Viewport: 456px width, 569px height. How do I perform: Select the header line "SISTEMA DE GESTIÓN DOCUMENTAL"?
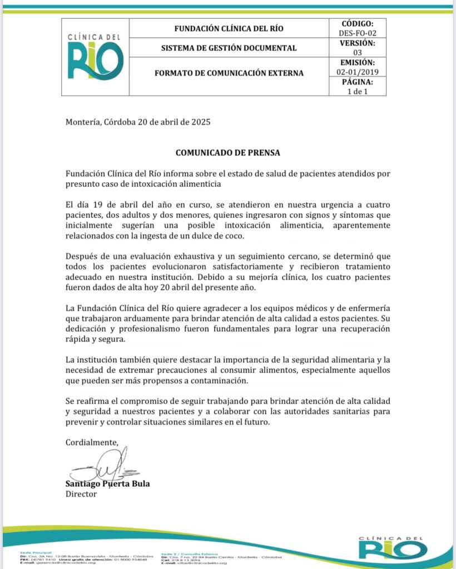pyautogui.click(x=229, y=48)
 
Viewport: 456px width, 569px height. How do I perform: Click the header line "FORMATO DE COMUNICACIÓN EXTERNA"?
pyautogui.click(x=229, y=73)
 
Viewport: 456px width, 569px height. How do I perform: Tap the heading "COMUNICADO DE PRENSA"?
pyautogui.click(x=228, y=152)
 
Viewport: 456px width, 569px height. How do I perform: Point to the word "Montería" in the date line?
pyautogui.click(x=83, y=122)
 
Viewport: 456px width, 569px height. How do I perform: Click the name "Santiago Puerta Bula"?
pyautogui.click(x=107, y=483)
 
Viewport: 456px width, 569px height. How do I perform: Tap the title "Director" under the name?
pyautogui.click(x=81, y=493)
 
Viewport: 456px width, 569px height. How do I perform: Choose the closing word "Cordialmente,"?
pyautogui.click(x=92, y=442)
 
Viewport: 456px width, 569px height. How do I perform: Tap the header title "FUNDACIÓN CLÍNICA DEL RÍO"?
pyautogui.click(x=229, y=28)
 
